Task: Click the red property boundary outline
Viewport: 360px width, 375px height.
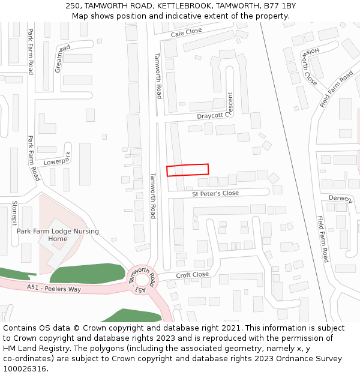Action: (187, 170)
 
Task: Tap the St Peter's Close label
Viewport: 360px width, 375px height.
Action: (215, 194)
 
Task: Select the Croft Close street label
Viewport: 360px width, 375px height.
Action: (192, 275)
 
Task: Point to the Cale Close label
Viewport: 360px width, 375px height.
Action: (186, 33)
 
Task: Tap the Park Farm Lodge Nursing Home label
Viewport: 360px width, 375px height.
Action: (58, 235)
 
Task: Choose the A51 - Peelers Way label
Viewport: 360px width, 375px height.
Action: (53, 289)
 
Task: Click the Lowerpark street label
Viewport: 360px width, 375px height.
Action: (58, 159)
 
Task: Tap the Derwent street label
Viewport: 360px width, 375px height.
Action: (340, 199)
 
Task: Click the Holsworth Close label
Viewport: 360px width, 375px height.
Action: (310, 66)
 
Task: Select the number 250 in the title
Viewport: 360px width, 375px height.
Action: (74, 6)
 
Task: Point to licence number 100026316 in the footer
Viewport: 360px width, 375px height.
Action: (25, 369)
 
